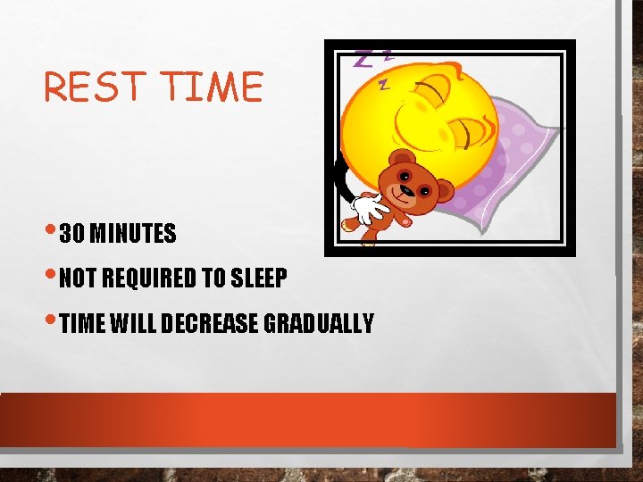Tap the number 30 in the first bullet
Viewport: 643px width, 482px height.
[71, 234]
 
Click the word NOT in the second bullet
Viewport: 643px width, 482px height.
[79, 278]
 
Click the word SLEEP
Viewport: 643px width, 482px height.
[258, 278]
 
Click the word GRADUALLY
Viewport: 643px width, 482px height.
[319, 323]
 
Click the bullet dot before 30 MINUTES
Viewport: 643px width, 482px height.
[54, 231]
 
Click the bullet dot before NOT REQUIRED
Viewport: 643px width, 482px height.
[54, 276]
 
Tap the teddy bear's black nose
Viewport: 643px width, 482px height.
[406, 190]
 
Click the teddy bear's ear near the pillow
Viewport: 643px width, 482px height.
[443, 191]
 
